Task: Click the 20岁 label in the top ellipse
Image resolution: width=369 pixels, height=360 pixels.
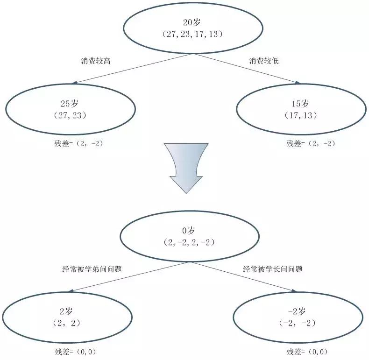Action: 190,22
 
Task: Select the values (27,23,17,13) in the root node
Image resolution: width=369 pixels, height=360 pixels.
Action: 191,34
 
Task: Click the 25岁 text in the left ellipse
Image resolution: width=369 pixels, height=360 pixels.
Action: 70,103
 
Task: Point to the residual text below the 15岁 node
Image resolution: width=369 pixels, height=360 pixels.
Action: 311,143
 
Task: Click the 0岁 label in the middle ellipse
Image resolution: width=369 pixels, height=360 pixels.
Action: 188,231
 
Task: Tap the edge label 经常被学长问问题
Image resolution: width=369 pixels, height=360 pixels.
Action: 273,269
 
